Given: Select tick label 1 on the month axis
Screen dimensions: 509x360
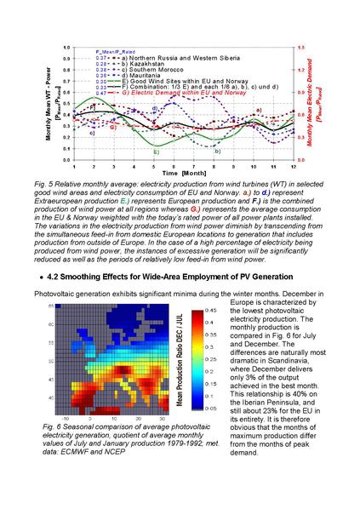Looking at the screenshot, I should [75, 165].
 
